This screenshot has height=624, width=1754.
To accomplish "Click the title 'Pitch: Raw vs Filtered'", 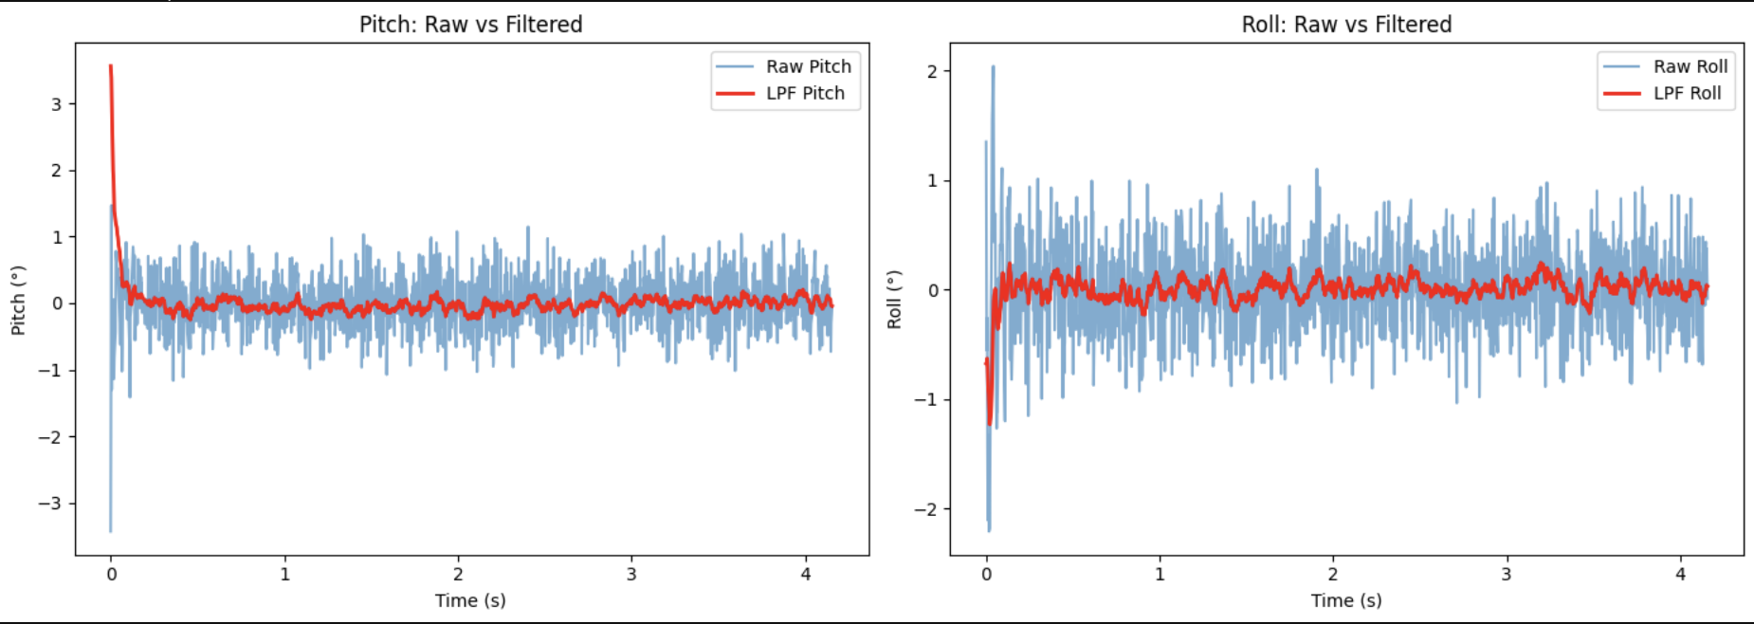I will click(x=470, y=25).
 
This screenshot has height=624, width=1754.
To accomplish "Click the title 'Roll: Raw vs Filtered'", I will click(x=1346, y=25).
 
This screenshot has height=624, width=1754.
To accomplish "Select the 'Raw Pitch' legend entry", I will click(x=808, y=66).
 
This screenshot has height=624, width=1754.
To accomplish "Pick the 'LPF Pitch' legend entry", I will click(x=804, y=93).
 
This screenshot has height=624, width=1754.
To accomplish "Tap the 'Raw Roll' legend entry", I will click(x=1690, y=66).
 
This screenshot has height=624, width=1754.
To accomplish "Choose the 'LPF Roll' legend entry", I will click(x=1687, y=93).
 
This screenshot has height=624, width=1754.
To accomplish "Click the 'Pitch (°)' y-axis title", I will click(x=18, y=300).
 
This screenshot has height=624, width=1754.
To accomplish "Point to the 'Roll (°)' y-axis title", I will click(x=894, y=300).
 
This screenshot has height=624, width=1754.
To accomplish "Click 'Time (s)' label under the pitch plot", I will click(x=470, y=600).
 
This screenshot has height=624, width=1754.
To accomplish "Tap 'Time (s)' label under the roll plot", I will click(x=1346, y=600).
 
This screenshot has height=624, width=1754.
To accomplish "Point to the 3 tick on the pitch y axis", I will click(x=57, y=104).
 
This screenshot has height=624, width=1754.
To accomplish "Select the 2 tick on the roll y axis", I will click(x=932, y=71).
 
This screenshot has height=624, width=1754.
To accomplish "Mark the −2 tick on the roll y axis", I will click(x=925, y=509).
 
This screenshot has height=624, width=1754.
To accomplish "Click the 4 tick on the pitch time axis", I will click(x=806, y=574).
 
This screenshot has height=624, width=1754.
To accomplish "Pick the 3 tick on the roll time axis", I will click(x=1507, y=574).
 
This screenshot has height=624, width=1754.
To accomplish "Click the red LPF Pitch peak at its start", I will click(x=111, y=66).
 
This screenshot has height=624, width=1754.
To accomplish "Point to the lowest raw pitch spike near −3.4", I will click(x=111, y=529).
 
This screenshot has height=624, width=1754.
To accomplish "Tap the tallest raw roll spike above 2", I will click(x=993, y=67).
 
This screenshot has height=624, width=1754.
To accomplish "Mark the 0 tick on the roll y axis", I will click(x=932, y=290).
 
